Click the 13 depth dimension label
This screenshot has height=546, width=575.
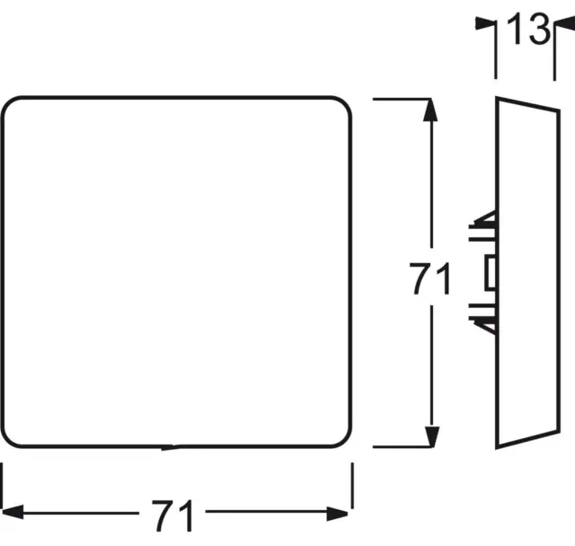528,29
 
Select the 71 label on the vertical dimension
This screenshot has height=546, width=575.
429,279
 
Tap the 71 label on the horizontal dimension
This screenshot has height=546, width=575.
172,515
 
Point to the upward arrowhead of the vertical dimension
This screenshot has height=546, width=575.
430,110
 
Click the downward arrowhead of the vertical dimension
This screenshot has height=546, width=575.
431,436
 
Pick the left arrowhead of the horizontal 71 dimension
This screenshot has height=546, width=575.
13,512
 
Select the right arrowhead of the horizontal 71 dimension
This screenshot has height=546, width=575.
338,514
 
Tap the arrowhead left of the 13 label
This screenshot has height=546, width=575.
485,24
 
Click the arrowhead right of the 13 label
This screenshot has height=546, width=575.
564,24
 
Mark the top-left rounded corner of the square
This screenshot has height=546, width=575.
10,106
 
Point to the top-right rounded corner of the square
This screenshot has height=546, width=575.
342,106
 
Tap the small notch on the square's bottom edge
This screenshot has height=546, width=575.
171,447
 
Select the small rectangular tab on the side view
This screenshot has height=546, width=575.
491,273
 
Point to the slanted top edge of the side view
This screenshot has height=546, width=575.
527,103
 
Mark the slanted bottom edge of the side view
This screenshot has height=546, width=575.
527,440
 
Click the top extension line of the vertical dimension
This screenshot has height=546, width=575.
402,99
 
